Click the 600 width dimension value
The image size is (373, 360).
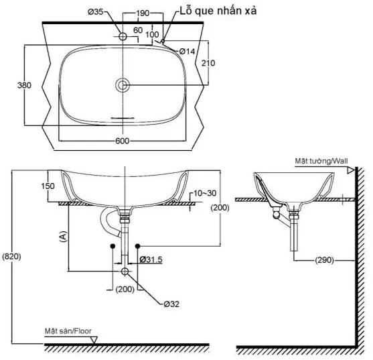[x=122, y=141]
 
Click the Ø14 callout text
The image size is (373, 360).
[x=187, y=51]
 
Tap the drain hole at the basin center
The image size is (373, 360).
[x=123, y=85]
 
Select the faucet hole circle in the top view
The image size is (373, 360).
[x=123, y=38]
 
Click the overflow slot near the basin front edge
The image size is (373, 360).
[x=123, y=116]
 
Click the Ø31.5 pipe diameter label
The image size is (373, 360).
[x=152, y=259]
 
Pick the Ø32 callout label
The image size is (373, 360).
[x=171, y=303]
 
